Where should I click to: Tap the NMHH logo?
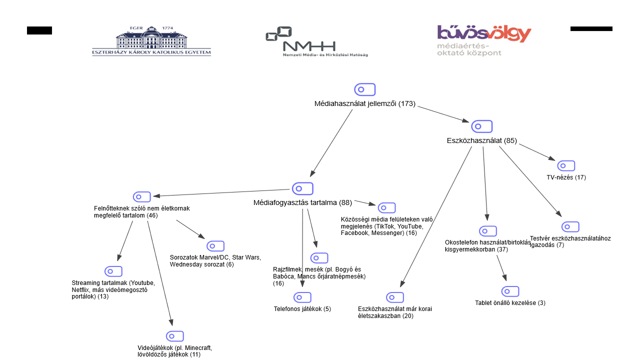click(316, 42)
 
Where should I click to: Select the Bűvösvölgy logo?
click(483, 40)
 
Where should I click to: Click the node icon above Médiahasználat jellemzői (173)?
click(364, 89)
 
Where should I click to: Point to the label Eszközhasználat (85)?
click(481, 140)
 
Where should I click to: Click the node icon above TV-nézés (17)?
click(566, 166)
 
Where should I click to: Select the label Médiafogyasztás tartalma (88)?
click(302, 202)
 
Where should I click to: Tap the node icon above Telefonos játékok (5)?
click(302, 297)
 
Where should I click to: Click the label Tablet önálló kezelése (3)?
click(510, 303)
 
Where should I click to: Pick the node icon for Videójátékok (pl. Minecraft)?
click(175, 336)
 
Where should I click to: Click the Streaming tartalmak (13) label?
click(113, 289)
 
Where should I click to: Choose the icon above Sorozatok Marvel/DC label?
click(215, 246)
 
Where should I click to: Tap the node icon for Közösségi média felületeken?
click(386, 208)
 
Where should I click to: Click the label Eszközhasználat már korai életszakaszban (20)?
click(395, 312)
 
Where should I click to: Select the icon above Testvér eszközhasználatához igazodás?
click(570, 227)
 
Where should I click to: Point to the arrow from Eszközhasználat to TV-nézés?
click(537, 152)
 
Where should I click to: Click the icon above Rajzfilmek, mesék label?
click(319, 258)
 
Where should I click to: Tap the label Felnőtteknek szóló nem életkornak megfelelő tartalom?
click(142, 212)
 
